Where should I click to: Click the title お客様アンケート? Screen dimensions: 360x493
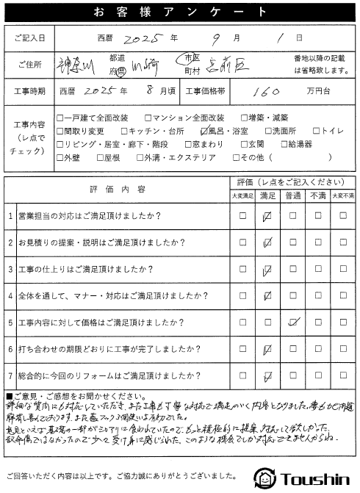click(x=179, y=12)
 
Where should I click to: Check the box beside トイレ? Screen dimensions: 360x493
click(x=296, y=130)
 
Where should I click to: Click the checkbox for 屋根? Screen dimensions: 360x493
click(x=98, y=156)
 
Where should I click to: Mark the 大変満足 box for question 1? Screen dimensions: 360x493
click(x=242, y=217)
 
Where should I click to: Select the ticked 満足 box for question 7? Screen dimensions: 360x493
click(x=267, y=375)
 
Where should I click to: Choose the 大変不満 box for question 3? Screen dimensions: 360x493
click(x=344, y=270)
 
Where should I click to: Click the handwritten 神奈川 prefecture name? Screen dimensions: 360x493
click(x=76, y=64)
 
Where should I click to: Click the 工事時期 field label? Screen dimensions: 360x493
click(x=29, y=91)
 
